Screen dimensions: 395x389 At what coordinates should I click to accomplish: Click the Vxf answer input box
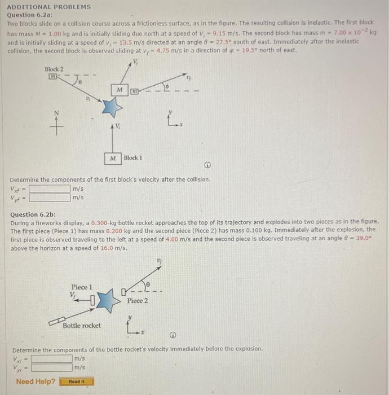[x=50, y=189]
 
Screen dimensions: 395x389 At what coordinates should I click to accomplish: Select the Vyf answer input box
[x=50, y=197]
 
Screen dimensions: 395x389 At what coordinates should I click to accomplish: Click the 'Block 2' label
[x=55, y=69]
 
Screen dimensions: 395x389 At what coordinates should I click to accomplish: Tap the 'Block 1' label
[x=133, y=157]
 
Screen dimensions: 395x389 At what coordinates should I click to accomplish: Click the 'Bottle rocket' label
[x=82, y=326]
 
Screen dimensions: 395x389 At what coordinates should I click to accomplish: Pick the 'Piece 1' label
[x=82, y=287]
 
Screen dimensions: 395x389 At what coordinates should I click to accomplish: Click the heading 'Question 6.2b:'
[x=33, y=214]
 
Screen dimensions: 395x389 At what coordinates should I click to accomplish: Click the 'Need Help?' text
[x=36, y=381]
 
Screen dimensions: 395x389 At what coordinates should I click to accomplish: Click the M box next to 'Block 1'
[x=113, y=157]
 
